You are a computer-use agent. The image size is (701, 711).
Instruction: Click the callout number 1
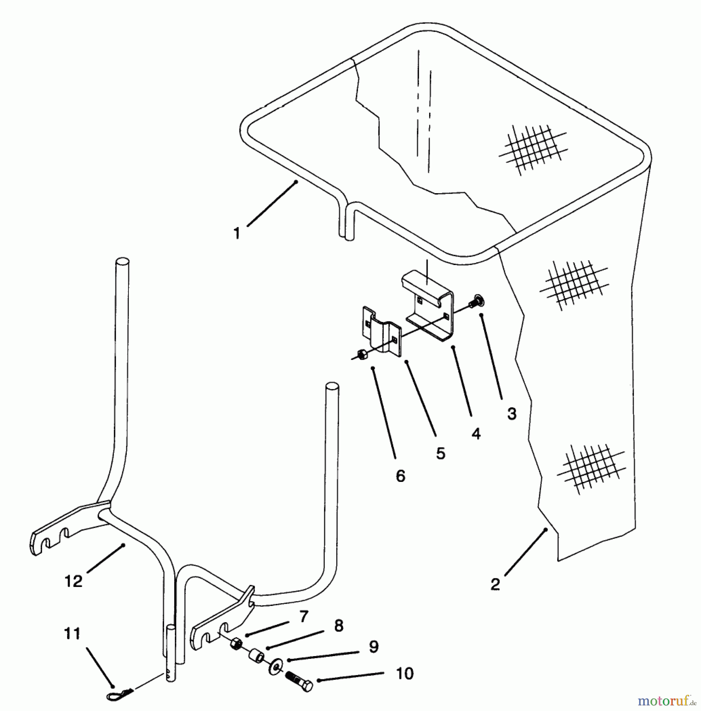[237, 233]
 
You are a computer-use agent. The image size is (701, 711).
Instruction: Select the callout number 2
[496, 584]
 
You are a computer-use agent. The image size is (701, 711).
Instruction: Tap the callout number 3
[512, 414]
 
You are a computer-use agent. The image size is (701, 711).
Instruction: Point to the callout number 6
[400, 476]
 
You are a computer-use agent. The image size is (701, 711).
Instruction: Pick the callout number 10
[405, 673]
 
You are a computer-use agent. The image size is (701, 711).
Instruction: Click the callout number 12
[73, 581]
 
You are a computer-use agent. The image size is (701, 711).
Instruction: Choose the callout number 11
[72, 634]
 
